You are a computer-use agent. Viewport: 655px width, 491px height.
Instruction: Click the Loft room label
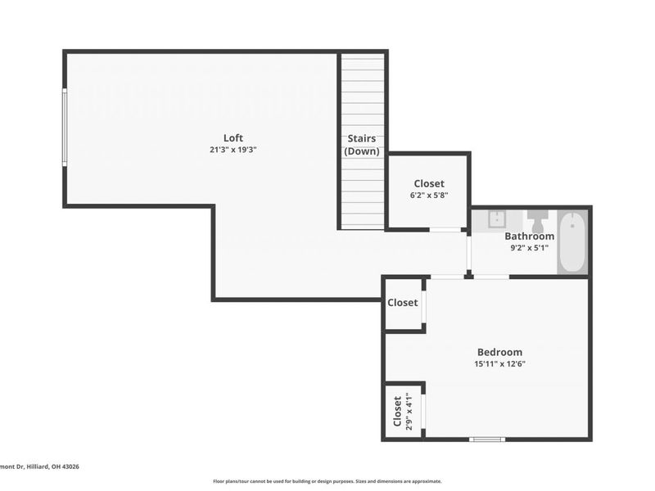point(233,137)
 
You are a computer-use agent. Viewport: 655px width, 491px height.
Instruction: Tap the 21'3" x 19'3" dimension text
point(233,150)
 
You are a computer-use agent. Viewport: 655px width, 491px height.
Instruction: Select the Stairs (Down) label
point(362,145)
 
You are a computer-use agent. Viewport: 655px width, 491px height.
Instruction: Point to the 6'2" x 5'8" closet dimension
point(429,195)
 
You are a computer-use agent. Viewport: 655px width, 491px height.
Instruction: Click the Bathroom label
point(529,236)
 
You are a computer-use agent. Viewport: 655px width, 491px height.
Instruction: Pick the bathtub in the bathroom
point(571,242)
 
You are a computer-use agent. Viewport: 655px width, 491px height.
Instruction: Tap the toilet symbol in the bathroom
point(537,221)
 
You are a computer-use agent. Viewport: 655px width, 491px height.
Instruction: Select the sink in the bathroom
point(497,218)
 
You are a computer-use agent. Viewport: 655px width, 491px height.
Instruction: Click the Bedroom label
point(499,352)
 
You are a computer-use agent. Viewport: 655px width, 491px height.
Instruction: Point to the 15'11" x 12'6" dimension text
point(499,363)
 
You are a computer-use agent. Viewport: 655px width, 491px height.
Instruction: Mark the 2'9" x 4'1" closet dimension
point(409,412)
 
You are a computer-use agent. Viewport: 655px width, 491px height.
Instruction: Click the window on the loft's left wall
point(65,128)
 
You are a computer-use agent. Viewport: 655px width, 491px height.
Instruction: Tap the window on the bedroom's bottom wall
point(487,439)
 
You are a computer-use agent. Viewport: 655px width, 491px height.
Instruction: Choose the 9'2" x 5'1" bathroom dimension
point(529,248)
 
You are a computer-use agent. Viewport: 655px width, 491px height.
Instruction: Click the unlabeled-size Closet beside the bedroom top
point(402,302)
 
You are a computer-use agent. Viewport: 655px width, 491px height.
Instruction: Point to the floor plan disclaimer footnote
point(327,481)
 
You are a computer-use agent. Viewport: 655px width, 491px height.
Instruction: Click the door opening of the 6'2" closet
point(445,230)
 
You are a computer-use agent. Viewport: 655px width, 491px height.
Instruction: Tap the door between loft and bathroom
point(468,254)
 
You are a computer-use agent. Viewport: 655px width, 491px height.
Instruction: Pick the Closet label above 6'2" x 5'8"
point(429,183)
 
